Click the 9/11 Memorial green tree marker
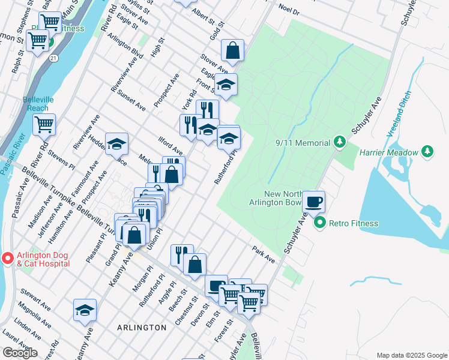[x=340, y=142]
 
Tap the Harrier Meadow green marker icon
[x=427, y=152]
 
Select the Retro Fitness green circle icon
[x=320, y=223]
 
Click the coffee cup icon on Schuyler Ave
[x=313, y=201]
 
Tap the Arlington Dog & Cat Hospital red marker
[x=8, y=259]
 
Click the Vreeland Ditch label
[x=400, y=115]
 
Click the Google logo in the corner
[x=20, y=352]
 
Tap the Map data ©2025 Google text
[x=412, y=355]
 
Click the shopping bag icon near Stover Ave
[x=232, y=50]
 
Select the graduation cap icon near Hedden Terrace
[x=116, y=143]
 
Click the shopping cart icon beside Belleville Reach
[x=44, y=124]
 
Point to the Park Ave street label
[x=263, y=254]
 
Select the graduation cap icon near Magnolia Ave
[x=85, y=310]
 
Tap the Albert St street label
[x=202, y=13]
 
